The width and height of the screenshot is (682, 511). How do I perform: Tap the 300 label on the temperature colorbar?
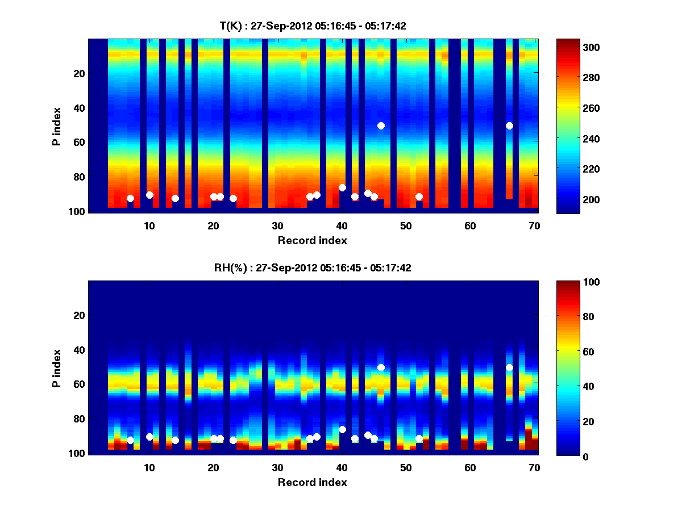click(x=570, y=47)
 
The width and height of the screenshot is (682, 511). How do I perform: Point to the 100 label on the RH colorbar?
click(x=570, y=282)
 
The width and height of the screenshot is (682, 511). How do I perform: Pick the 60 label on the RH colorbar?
click(x=568, y=352)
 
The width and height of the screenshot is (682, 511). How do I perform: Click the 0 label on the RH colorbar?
click(x=565, y=456)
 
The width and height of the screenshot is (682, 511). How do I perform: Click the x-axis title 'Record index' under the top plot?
click(x=312, y=240)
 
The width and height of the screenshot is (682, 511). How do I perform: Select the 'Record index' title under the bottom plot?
click(x=312, y=482)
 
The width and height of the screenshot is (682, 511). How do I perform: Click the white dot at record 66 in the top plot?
click(x=509, y=125)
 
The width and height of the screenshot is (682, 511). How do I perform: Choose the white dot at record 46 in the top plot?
click(x=381, y=125)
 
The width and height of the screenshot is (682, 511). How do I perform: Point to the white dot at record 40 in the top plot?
click(x=342, y=187)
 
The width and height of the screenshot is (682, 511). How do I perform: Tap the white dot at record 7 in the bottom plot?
click(x=130, y=440)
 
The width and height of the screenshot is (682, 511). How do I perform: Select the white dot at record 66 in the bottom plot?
click(x=509, y=367)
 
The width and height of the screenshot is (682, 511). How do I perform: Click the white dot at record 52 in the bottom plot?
click(x=419, y=438)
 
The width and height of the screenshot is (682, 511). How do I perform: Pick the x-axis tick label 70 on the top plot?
click(x=534, y=225)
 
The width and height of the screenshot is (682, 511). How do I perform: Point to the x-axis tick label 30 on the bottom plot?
click(x=277, y=467)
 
